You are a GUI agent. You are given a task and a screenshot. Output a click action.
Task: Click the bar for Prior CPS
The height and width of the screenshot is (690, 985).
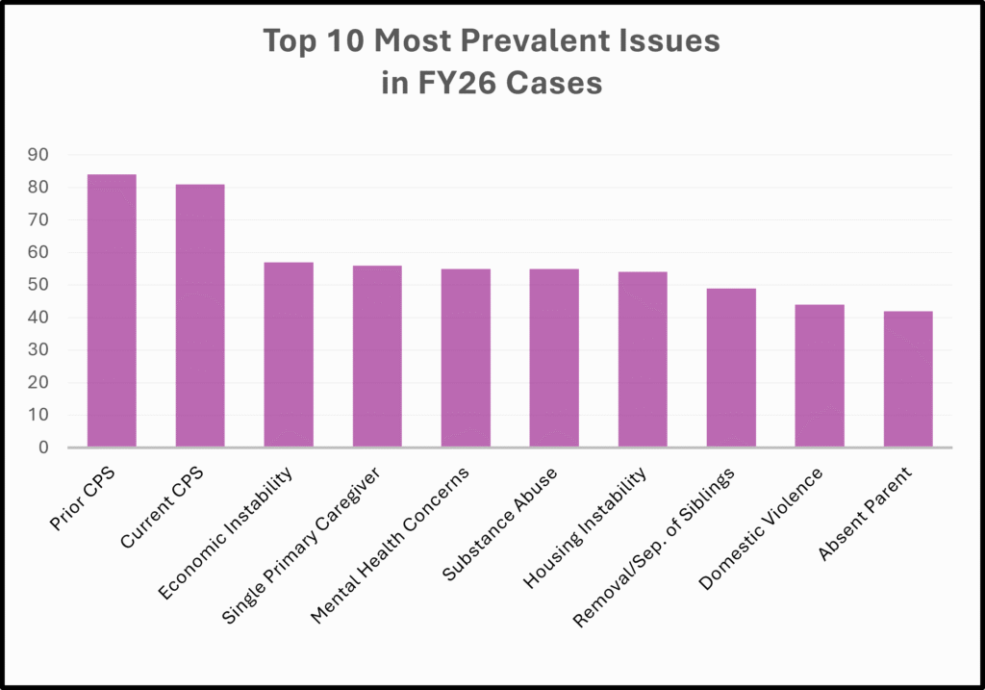(x=112, y=311)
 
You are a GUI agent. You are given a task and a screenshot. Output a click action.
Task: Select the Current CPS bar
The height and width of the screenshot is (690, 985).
(x=200, y=316)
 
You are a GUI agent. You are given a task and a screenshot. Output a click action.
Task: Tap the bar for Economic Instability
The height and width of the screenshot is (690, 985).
(x=289, y=354)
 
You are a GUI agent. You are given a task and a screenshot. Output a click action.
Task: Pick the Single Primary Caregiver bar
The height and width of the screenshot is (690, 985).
(x=377, y=356)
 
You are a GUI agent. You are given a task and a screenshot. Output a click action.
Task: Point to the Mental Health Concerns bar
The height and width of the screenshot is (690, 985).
(x=466, y=358)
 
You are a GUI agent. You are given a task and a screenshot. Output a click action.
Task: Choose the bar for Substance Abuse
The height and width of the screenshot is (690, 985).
(x=554, y=358)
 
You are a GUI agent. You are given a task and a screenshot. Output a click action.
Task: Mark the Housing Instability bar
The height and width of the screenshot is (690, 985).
(x=643, y=360)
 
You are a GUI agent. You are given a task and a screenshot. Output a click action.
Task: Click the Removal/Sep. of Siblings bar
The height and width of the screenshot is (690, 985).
(x=731, y=368)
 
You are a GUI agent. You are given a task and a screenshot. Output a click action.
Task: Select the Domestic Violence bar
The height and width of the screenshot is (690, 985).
(x=820, y=375)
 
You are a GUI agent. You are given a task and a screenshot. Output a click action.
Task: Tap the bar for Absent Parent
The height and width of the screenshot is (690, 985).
(x=908, y=379)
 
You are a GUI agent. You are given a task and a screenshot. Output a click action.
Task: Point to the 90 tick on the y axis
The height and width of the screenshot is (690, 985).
(x=38, y=155)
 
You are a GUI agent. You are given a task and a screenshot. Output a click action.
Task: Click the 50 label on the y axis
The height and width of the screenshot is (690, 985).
(x=38, y=285)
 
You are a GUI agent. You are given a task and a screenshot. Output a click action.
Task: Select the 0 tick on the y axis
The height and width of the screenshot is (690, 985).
(x=43, y=447)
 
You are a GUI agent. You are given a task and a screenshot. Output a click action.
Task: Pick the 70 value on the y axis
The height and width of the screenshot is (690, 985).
(x=38, y=220)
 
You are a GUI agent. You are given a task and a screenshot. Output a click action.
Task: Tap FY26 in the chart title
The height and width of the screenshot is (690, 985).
(x=457, y=83)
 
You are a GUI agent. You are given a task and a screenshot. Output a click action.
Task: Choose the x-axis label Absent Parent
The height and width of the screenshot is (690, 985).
(x=865, y=514)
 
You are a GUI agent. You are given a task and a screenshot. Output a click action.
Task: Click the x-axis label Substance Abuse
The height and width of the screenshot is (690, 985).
(x=499, y=524)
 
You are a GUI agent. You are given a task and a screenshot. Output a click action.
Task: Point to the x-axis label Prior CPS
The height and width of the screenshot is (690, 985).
(x=83, y=498)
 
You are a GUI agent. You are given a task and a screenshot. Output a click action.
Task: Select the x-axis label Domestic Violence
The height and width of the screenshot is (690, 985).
(x=760, y=528)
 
